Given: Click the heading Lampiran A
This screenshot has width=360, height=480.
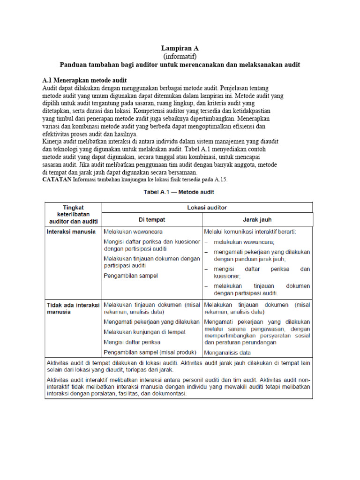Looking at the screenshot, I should [180, 48].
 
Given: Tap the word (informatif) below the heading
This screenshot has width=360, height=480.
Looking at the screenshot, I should [180, 56].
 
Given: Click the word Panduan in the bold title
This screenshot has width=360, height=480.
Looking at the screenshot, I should [75, 64].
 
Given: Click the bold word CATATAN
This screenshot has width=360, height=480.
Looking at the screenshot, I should [57, 180].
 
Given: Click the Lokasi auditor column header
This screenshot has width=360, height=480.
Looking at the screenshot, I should [207, 207].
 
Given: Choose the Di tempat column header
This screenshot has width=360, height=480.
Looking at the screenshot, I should [152, 219].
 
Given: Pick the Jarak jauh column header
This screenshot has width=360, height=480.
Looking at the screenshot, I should [257, 219].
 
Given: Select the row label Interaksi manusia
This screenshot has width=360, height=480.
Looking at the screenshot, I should [71, 232].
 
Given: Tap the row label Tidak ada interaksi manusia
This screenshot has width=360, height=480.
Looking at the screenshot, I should [73, 308].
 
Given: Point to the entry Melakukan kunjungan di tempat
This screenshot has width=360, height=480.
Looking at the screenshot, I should [144, 332].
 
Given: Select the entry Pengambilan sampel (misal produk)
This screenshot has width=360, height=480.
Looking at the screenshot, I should [150, 352].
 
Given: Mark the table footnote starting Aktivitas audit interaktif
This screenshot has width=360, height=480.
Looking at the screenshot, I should [178, 386].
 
